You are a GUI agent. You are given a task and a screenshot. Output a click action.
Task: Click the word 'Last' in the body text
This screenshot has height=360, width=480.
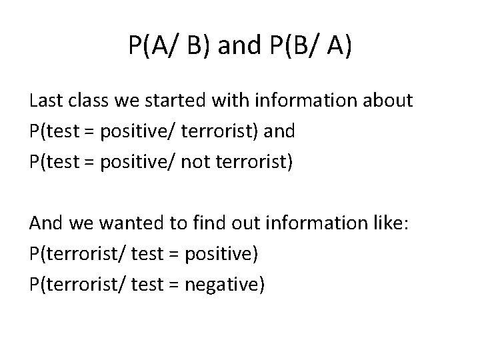click(x=46, y=101)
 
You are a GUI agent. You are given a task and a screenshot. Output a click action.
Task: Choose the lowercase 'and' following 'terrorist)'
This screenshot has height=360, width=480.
click(x=279, y=131)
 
